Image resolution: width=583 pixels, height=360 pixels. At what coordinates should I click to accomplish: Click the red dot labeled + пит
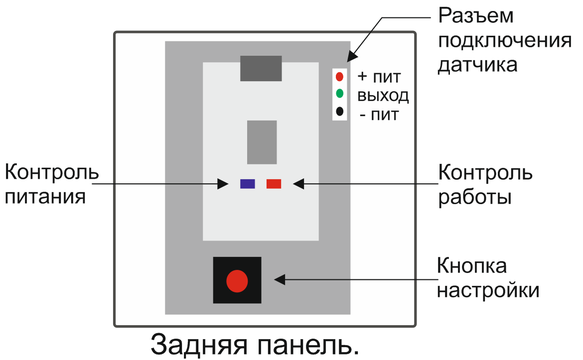tap(339, 77)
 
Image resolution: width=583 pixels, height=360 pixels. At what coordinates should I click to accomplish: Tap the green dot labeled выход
tap(339, 93)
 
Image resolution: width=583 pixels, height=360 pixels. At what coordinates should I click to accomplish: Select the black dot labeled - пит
tap(339, 112)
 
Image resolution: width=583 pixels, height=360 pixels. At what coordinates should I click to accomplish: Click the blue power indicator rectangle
tap(248, 184)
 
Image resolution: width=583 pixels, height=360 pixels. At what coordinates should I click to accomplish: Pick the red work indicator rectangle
tap(274, 184)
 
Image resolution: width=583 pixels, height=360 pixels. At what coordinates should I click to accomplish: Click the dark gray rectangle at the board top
tap(261, 68)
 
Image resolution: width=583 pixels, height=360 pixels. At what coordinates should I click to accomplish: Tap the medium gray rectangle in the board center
tap(262, 142)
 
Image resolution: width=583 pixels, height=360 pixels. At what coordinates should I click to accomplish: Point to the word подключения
tap(505, 41)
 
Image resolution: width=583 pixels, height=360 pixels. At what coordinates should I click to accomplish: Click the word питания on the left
tap(45, 197)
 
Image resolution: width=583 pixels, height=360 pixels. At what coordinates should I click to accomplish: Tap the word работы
tap(475, 197)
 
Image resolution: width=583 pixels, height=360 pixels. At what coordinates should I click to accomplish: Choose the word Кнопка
tap(472, 266)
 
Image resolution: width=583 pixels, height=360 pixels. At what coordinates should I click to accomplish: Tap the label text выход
tap(383, 95)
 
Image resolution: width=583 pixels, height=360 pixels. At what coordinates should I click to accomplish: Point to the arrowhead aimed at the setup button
tap(279, 279)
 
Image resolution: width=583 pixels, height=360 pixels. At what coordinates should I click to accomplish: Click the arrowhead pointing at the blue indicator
tap(223, 184)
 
